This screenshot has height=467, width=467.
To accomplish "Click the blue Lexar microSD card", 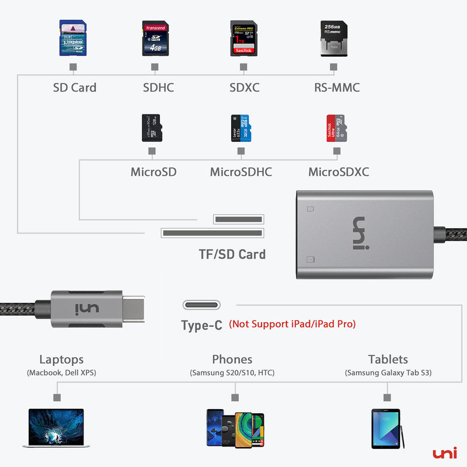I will pyautogui.click(x=241, y=128).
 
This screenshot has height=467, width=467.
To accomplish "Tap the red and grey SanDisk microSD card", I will pyautogui.click(x=336, y=128).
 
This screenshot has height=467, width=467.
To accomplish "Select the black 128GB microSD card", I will pyautogui.click(x=152, y=128).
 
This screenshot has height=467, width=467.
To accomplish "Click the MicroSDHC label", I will pyautogui.click(x=241, y=172).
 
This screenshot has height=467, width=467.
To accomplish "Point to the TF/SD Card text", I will pyautogui.click(x=232, y=254).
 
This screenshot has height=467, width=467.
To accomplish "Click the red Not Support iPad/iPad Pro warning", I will pyautogui.click(x=292, y=323).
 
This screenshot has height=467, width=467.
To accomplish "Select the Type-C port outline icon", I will pyautogui.click(x=201, y=305).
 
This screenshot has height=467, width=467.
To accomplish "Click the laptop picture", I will pyautogui.click(x=57, y=428).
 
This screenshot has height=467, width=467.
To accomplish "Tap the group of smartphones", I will pyautogui.click(x=235, y=428).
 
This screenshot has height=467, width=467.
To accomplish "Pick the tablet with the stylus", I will pyautogui.click(x=386, y=428).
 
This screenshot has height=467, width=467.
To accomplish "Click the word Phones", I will pyautogui.click(x=232, y=360).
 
